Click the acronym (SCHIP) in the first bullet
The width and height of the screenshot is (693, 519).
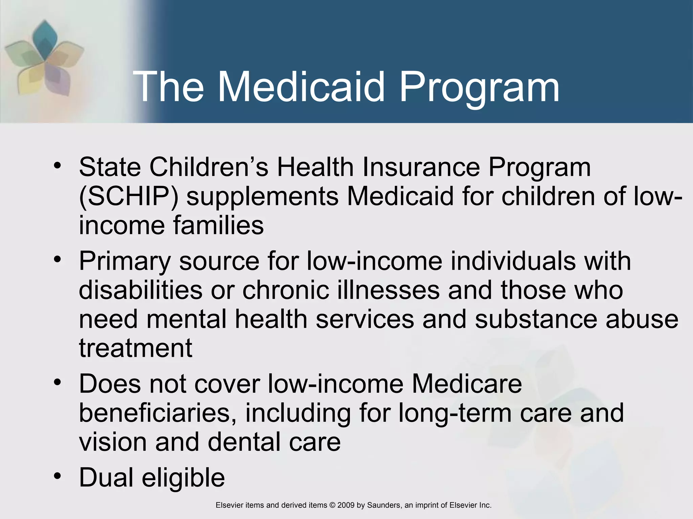tap(128, 197)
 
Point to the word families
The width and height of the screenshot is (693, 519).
tap(218, 225)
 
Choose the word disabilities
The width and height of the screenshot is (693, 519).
tap(140, 290)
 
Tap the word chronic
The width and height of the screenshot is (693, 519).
tap(286, 290)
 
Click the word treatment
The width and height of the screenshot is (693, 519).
tap(136, 348)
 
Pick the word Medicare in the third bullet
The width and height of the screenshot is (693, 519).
tap(467, 384)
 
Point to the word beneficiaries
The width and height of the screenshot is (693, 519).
tap(158, 413)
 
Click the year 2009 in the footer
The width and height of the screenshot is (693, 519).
tap(346, 505)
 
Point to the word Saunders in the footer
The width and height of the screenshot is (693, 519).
tap(383, 505)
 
